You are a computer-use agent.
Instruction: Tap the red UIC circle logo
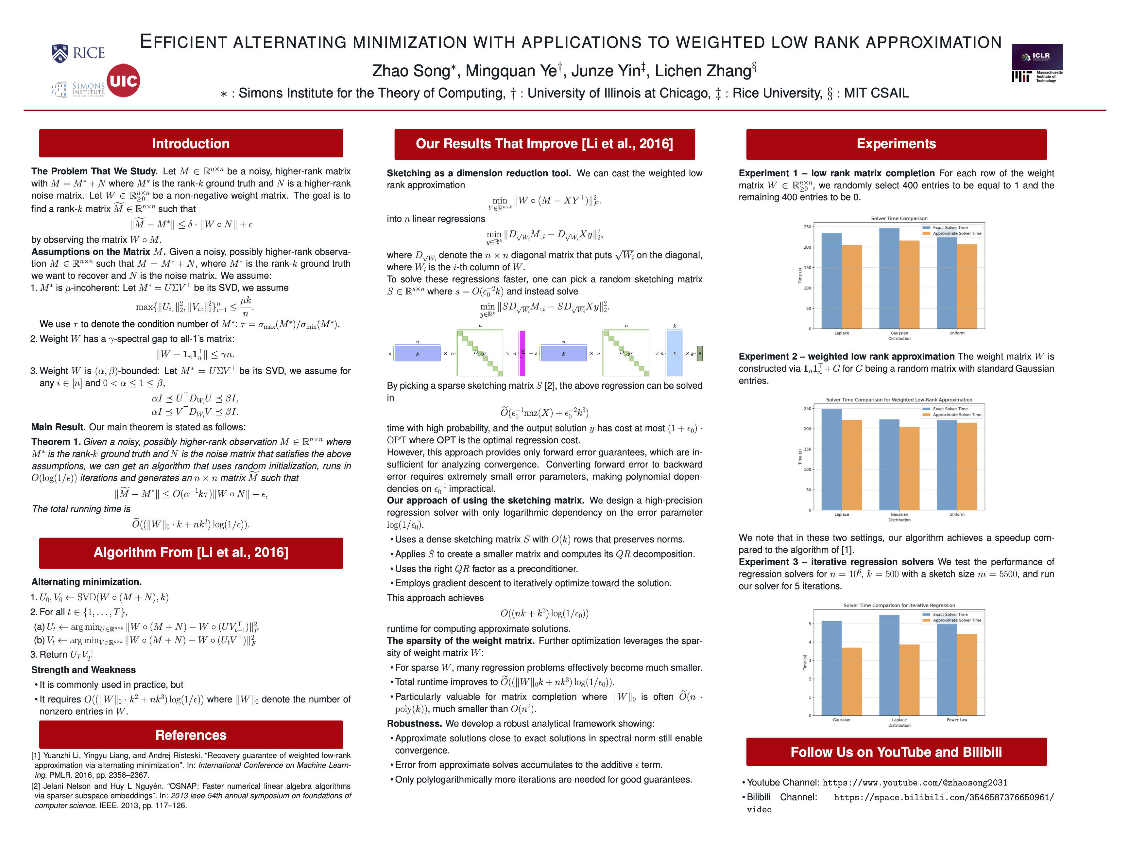(x=123, y=81)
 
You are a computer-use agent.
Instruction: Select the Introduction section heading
(x=191, y=144)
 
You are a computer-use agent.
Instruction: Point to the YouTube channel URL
(x=915, y=783)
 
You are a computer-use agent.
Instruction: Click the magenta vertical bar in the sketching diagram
(x=522, y=353)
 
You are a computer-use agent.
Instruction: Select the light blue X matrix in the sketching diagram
(x=674, y=353)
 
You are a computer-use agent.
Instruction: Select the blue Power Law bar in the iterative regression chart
(x=947, y=670)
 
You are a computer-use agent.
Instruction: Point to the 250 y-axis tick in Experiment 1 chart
(x=807, y=227)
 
